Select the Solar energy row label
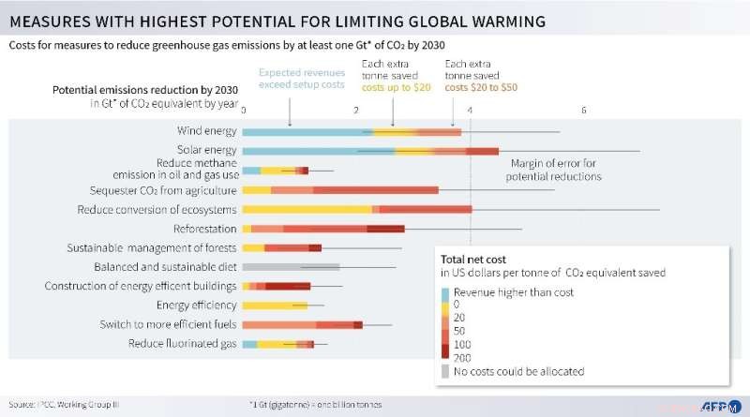pos(206,150)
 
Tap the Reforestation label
pos(204,229)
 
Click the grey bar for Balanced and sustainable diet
pos(291,267)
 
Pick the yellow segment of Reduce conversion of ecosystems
pos(309,209)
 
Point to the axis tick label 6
pos(583,110)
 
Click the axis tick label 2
pos(356,110)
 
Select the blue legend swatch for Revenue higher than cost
pos(445,292)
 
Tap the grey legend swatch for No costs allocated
pos(445,371)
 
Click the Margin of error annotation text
pos(553,170)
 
